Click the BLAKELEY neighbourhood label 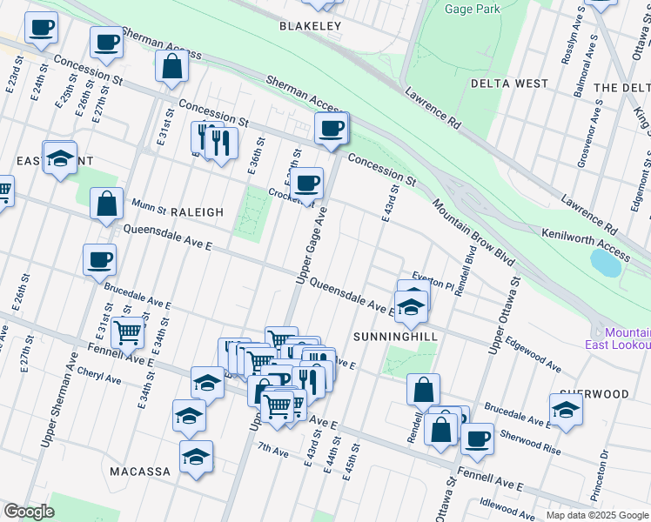coord(310,26)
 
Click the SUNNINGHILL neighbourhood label coord(394,335)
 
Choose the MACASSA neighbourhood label coord(140,471)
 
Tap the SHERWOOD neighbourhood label coord(594,394)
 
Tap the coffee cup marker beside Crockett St coord(305,184)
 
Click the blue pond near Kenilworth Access coord(606,262)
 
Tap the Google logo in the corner coord(29,512)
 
